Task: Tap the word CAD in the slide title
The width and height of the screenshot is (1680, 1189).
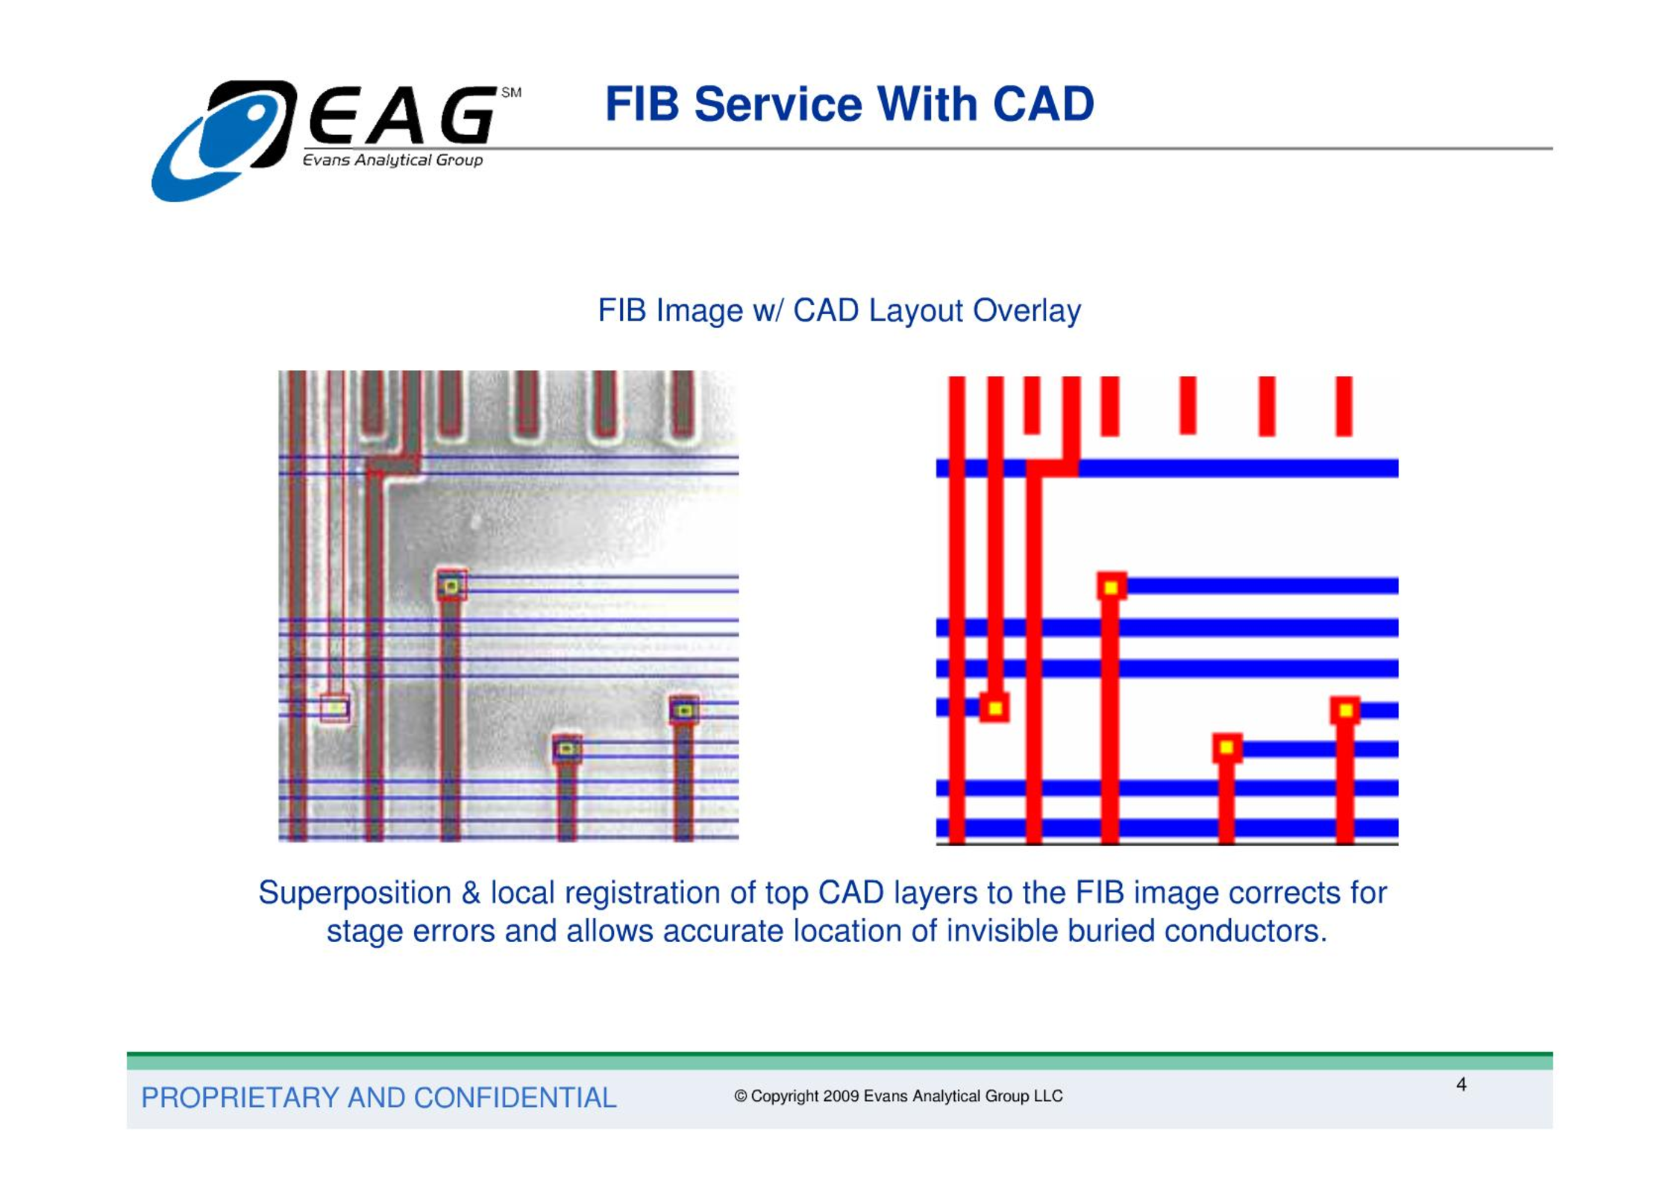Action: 1043,104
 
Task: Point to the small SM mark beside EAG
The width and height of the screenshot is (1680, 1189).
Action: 511,92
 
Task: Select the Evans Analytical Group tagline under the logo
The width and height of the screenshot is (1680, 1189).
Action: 392,160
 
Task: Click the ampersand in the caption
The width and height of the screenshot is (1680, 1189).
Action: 471,893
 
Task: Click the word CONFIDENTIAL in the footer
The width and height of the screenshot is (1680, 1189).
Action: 515,1098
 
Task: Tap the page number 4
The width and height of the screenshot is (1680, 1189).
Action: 1461,1085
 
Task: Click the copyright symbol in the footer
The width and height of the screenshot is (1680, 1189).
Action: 741,1097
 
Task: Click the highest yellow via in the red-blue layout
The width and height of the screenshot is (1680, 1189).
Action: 1111,588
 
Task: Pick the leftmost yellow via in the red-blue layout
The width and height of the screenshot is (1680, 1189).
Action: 994,708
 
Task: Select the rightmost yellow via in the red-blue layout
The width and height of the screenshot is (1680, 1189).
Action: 1345,711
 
